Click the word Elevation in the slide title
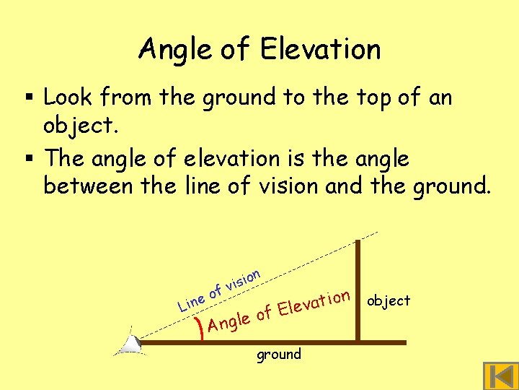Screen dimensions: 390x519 tap(321, 49)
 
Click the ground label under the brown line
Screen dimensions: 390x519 tap(279, 354)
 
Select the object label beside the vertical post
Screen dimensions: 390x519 tap(389, 300)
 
